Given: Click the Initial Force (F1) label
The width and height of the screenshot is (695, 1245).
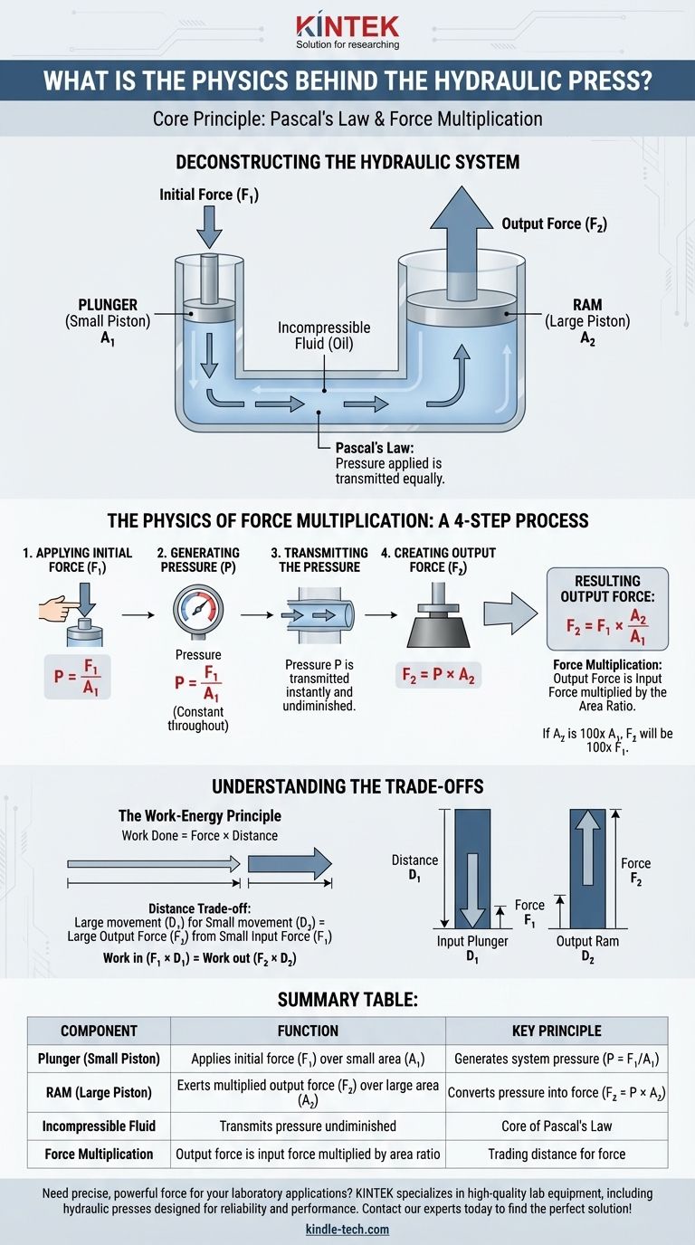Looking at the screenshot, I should click(209, 195).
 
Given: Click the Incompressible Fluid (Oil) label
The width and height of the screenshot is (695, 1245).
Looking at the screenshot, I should click(324, 335).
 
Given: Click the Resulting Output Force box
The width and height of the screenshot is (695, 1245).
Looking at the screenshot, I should click(607, 609).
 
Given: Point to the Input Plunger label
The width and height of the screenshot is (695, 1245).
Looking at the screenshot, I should click(472, 941).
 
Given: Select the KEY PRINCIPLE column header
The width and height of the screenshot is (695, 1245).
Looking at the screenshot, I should click(557, 1030).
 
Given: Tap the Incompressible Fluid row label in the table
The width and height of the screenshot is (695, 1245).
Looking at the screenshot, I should click(99, 1126).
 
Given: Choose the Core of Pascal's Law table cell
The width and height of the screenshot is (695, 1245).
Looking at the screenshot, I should click(557, 1126).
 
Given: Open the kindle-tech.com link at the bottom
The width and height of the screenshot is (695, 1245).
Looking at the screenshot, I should click(347, 1231).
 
